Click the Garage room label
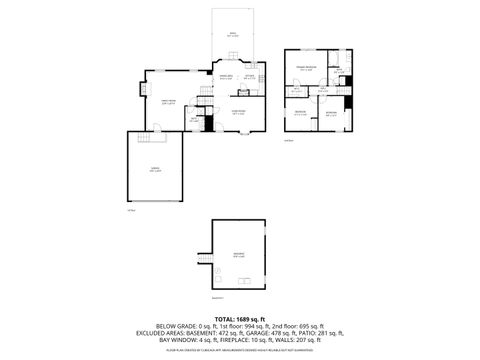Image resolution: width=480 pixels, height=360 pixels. (x=154, y=169)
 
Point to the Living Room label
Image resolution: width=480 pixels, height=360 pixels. (x=240, y=112)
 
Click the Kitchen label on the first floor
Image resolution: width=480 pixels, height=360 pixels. (x=251, y=77)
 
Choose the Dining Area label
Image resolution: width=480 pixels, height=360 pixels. (x=226, y=77)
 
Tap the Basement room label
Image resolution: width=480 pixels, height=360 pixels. (x=239, y=257)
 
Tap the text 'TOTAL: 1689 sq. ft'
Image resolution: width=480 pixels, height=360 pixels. (x=239, y=318)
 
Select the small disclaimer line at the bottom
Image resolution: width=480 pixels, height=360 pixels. (x=239, y=350)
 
